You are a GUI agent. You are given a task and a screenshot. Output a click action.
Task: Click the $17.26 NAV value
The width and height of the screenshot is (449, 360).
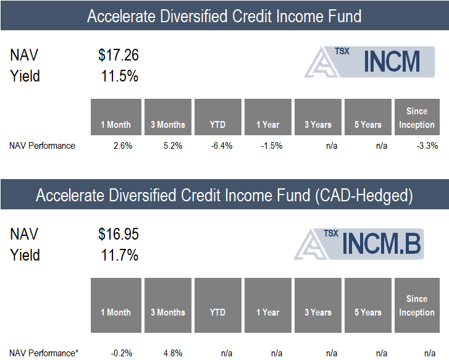point(119,55)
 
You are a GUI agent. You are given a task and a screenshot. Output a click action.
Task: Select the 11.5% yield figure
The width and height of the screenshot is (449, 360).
point(120,76)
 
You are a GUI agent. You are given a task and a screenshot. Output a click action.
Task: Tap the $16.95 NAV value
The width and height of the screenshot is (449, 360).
point(119,234)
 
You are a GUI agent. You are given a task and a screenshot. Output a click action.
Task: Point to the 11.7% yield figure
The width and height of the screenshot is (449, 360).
point(120,255)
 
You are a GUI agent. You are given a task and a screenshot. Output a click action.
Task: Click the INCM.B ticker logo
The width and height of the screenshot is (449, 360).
point(359,244)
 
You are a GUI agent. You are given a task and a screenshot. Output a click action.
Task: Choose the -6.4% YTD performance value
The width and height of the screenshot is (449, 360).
point(222,146)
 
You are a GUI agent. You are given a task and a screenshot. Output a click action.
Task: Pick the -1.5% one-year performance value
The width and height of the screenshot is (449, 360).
point(272,146)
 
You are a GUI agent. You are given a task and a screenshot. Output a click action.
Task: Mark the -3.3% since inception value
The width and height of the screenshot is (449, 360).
point(427,146)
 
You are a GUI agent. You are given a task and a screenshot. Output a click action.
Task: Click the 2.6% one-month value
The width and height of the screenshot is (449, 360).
point(123,146)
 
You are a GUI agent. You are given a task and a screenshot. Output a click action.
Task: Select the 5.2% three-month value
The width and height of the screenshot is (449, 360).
point(173,146)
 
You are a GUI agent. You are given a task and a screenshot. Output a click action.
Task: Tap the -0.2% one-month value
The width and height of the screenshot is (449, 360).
point(122,353)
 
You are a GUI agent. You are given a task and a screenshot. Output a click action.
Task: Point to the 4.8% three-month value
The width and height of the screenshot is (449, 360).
point(173,353)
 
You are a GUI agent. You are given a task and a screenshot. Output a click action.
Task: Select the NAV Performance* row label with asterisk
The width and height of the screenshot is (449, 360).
point(44,353)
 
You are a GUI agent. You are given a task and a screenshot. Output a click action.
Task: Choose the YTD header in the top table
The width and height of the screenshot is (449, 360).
point(217,125)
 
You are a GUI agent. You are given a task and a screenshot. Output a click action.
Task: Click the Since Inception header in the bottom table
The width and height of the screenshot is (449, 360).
point(417,306)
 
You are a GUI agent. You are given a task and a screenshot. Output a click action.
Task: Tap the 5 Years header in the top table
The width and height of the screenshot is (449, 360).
point(368,125)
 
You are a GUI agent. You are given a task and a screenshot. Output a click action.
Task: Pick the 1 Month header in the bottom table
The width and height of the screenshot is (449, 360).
point(115,312)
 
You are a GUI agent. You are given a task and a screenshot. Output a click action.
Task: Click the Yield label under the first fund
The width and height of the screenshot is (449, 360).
point(25,76)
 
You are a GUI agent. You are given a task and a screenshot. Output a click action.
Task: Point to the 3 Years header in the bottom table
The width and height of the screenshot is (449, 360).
point(318,312)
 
